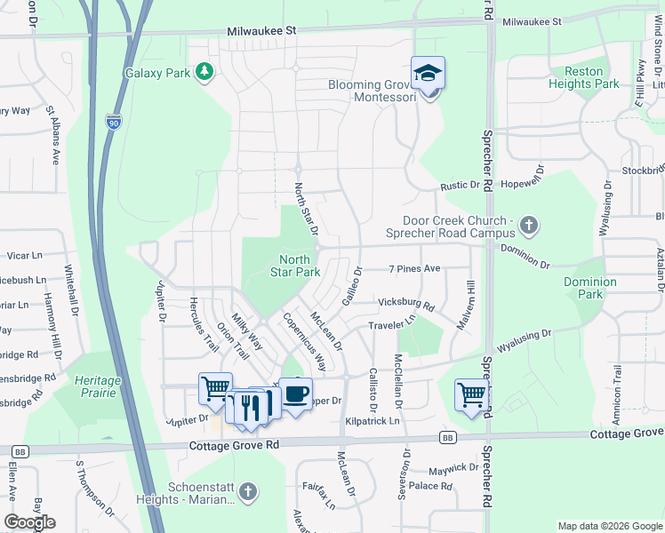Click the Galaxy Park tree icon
click(204, 72)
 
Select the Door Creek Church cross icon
click(529, 224)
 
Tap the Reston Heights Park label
click(583, 77)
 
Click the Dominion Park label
click(589, 287)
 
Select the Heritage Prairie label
click(98, 386)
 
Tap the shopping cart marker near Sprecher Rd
click(470, 394)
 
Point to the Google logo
click(30, 522)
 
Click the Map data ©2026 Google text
click(610, 526)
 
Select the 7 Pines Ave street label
click(414, 268)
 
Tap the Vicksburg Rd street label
click(405, 305)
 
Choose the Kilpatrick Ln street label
click(373, 419)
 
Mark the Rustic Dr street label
click(461, 186)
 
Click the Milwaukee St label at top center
click(260, 30)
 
